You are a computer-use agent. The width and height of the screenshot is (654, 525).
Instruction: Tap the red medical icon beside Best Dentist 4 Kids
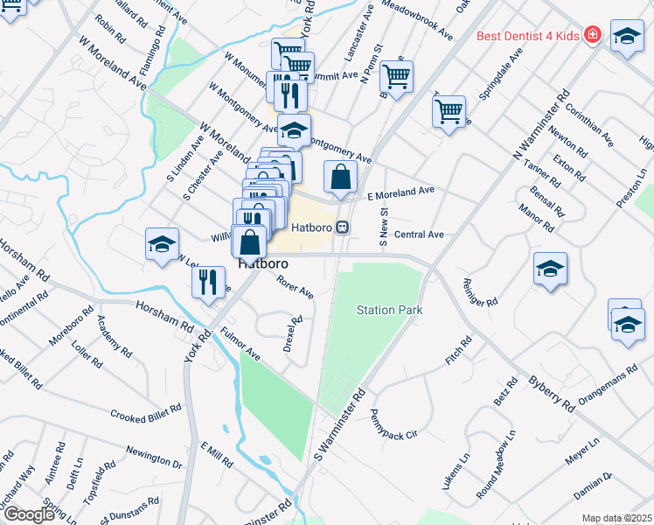pos(593,35)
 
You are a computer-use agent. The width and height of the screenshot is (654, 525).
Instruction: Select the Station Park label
pos(389,310)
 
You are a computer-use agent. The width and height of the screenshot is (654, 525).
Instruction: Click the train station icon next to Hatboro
pos(344,227)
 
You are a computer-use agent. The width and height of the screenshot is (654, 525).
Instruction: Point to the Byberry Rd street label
pos(551,395)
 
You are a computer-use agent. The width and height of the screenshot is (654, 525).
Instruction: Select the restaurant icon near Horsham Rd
pos(207,282)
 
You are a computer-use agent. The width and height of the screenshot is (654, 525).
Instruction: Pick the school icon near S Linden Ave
pos(162,244)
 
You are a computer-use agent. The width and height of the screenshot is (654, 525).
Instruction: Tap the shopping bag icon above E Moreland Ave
pos(340,178)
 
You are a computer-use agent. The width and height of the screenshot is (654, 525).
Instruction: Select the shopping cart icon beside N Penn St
pos(397,77)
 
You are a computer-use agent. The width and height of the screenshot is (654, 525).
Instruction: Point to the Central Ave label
pos(419,234)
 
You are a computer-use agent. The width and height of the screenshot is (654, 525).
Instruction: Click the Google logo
pos(28,514)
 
